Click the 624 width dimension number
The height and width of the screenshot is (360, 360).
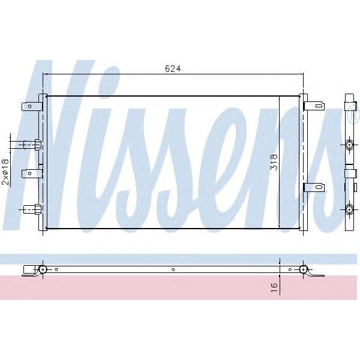(x=173, y=68)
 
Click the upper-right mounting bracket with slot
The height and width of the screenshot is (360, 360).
(x=314, y=107)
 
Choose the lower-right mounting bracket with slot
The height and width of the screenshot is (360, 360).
(x=314, y=187)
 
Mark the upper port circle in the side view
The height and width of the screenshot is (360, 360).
(x=350, y=145)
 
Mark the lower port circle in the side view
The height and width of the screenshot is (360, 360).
(x=350, y=209)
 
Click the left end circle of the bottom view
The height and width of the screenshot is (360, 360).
(x=43, y=269)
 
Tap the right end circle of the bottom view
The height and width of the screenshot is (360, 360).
(x=304, y=269)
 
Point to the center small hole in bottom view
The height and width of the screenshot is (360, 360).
(x=172, y=269)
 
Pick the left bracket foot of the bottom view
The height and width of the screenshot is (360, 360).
(x=28, y=275)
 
